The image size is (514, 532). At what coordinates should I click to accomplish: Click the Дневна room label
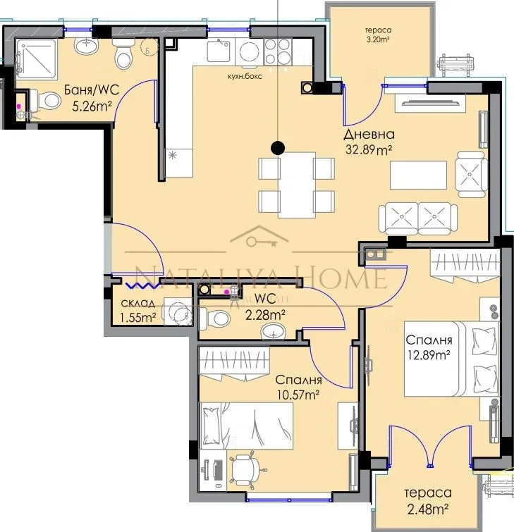point(369,135)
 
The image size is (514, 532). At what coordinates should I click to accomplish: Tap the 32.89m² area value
point(368,149)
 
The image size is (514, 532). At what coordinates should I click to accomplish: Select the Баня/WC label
point(90,90)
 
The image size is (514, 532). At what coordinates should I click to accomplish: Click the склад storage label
point(138,304)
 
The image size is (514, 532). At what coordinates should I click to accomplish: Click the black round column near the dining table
point(279,147)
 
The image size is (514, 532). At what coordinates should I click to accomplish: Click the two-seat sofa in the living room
point(417,218)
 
